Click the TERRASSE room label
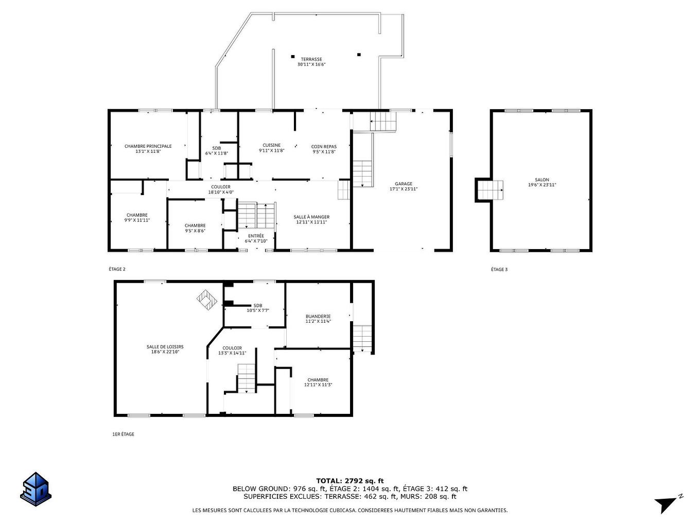click(311, 59)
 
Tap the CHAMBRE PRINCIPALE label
click(148, 146)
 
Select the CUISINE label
click(271, 145)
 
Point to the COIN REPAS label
click(324, 147)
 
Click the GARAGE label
click(404, 184)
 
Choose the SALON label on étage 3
click(542, 180)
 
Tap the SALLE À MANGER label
click(311, 217)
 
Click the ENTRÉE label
click(256, 236)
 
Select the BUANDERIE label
click(318, 317)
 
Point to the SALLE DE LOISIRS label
click(165, 347)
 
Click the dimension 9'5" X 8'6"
click(195, 231)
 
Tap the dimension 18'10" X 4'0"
click(221, 192)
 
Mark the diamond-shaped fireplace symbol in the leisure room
click(206, 299)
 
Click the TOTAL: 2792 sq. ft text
click(350, 481)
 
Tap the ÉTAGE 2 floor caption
click(117, 269)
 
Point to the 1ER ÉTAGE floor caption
click(123, 434)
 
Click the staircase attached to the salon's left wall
click(489, 190)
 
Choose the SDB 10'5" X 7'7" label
click(258, 308)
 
